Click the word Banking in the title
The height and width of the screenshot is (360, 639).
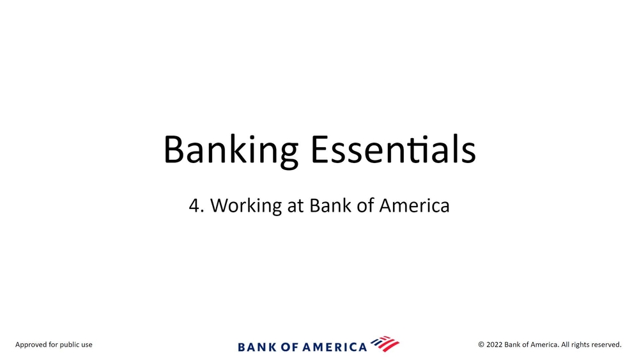(x=231, y=151)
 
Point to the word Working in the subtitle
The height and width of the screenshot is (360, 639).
(x=246, y=207)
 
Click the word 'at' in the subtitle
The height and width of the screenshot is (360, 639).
(x=295, y=206)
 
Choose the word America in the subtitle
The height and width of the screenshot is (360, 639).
(x=415, y=205)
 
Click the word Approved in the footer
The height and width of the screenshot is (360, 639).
(x=31, y=345)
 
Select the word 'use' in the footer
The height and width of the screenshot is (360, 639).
(x=87, y=345)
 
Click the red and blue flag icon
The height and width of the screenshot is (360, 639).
(x=385, y=343)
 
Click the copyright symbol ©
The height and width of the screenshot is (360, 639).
(x=481, y=345)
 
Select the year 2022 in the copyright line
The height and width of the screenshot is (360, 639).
(x=495, y=345)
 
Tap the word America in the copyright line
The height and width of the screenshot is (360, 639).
(x=544, y=345)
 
